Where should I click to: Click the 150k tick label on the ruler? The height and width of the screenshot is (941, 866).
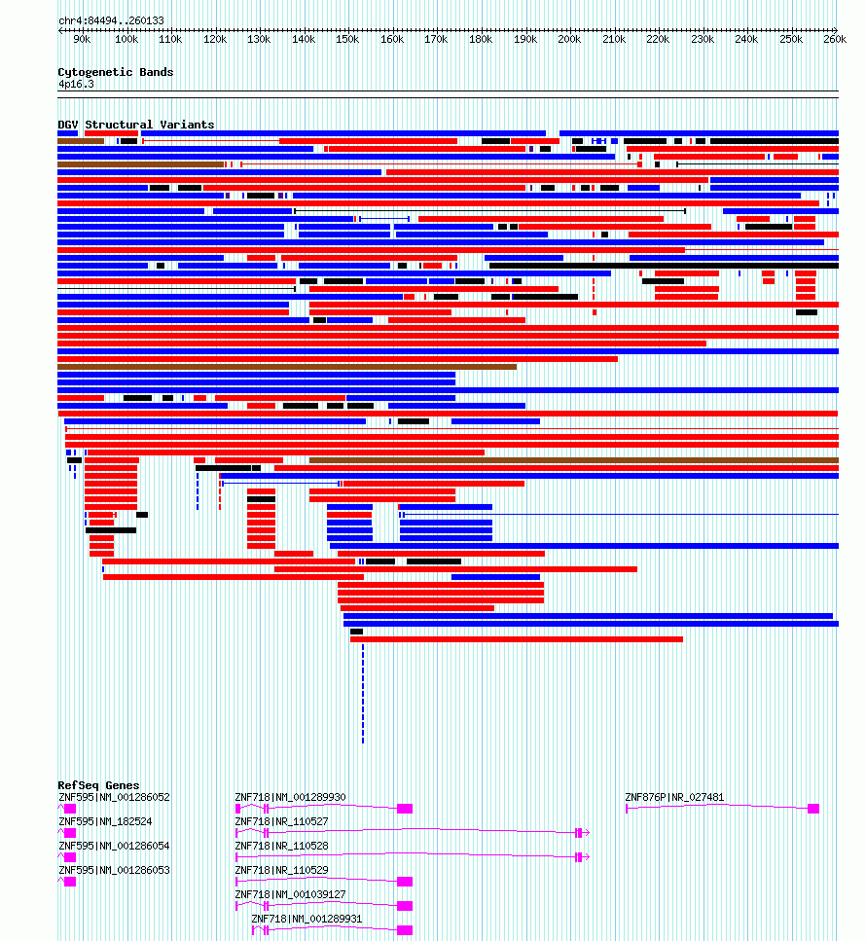tap(347, 40)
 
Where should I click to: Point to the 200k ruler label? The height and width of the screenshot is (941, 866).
tap(569, 40)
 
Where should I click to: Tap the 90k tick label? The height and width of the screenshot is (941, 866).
tap(82, 40)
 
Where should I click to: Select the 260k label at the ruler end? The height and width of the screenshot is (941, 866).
tap(835, 40)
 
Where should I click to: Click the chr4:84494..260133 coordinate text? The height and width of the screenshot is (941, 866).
tap(111, 20)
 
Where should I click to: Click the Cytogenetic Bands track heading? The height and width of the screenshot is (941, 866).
tap(115, 72)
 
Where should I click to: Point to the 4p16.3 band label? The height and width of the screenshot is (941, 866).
tap(76, 84)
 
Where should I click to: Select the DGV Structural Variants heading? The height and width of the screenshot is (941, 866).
tap(135, 125)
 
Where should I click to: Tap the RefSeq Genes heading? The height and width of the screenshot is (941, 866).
tap(98, 785)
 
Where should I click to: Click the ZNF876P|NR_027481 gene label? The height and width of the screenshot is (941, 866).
tap(674, 797)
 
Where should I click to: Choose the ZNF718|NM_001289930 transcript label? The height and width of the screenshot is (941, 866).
tap(291, 797)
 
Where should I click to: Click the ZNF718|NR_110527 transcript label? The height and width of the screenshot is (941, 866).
tap(281, 821)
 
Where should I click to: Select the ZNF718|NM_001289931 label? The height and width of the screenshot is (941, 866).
tap(307, 919)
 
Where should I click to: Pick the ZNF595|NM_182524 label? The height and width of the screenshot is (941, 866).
tap(105, 821)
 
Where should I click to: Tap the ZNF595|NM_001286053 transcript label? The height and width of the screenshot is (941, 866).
tap(114, 870)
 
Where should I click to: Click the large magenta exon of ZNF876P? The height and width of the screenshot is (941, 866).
tap(813, 809)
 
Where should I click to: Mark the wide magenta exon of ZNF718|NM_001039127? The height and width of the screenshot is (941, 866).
tap(405, 906)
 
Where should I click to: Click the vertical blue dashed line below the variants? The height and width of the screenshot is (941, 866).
tap(363, 694)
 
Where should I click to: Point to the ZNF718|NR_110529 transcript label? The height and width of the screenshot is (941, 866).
tap(281, 870)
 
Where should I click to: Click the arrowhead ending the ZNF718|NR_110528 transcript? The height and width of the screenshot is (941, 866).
tap(587, 857)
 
